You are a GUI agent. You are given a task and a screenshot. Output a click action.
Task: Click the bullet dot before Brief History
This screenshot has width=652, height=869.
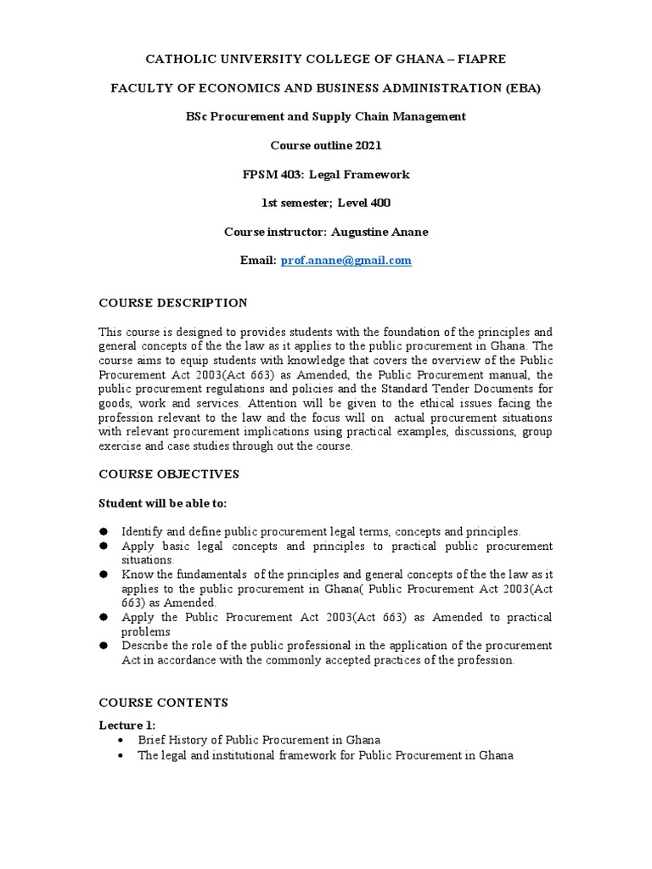pyautogui.click(x=125, y=740)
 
